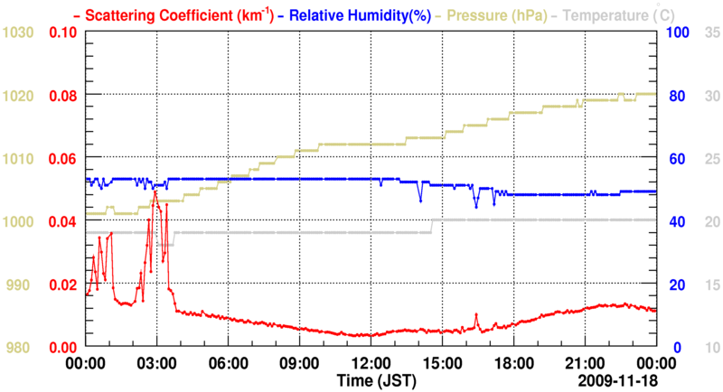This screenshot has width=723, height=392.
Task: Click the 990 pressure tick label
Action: click(22, 285)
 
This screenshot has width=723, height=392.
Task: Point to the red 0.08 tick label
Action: click(62, 96)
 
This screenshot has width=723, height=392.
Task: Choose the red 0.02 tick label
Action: click(62, 285)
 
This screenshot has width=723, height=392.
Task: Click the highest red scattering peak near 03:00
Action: click(155, 191)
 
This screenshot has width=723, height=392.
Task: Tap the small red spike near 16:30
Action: click(475, 314)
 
